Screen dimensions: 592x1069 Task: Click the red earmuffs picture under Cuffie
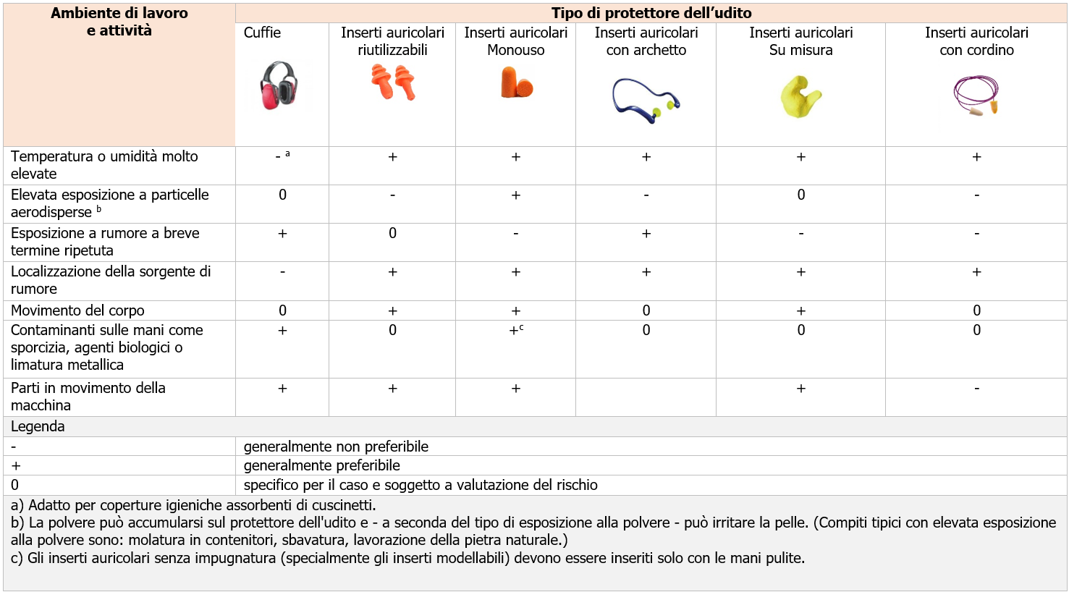(280, 85)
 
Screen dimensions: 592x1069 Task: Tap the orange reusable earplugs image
(394, 82)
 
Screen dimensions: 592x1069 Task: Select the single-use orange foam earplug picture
(516, 82)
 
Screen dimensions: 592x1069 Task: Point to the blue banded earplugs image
(646, 100)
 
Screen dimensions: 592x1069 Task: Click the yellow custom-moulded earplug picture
(800, 96)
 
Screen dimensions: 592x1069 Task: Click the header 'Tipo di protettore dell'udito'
(651, 13)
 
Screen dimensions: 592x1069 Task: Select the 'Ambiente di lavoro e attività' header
(119, 22)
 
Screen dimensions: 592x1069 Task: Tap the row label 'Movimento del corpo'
(77, 310)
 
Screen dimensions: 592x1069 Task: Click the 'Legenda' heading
(38, 426)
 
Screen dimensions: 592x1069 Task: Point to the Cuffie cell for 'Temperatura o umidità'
(282, 156)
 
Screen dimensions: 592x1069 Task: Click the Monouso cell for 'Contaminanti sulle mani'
(516, 331)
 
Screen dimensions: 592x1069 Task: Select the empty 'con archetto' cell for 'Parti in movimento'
(646, 397)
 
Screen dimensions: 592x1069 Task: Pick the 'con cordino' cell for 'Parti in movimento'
(976, 389)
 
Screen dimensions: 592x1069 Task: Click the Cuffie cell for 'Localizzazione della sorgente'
(282, 272)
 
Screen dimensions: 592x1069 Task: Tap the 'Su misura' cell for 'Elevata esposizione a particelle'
(800, 195)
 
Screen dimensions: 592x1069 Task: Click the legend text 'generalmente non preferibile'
(336, 447)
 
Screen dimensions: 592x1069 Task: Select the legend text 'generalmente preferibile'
(321, 465)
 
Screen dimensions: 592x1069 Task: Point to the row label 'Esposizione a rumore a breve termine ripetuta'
(105, 242)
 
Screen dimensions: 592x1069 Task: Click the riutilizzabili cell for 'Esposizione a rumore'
(392, 234)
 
